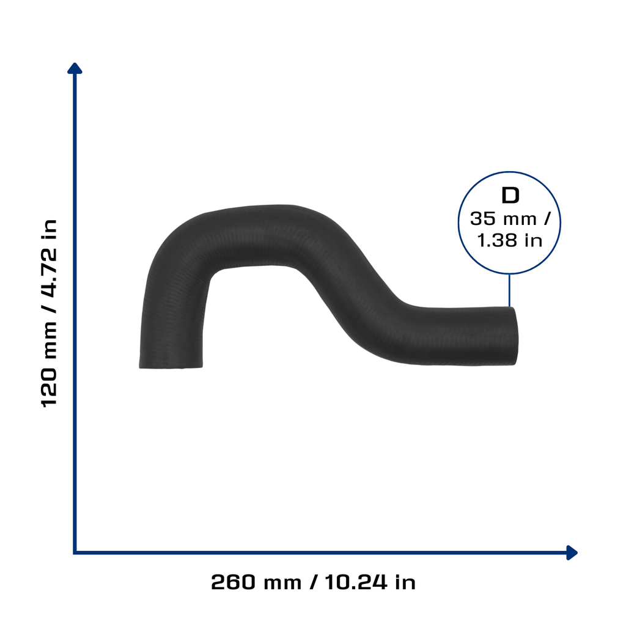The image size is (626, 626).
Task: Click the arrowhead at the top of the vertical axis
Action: [75, 68]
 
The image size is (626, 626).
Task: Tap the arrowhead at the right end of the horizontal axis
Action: [572, 553]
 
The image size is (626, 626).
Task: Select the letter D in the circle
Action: [510, 196]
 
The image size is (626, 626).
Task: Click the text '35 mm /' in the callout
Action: [510, 219]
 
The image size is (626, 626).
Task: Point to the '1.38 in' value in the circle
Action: [510, 240]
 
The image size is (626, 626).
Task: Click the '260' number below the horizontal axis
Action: [233, 582]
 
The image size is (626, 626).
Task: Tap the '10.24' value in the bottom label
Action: [356, 582]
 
